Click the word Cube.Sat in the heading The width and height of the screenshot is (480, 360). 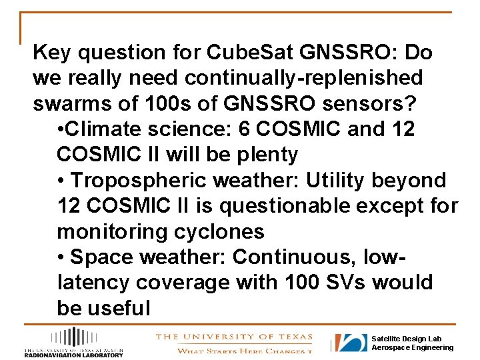click(237, 52)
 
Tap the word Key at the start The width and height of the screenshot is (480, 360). click(52, 52)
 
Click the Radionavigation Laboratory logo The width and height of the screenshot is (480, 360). click(74, 342)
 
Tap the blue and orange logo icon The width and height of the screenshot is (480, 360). click(351, 343)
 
